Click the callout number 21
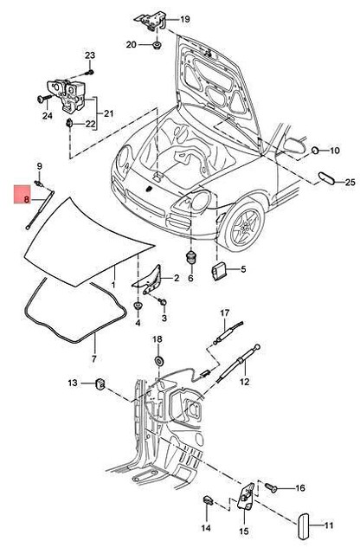click(109, 113)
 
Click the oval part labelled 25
click(326, 178)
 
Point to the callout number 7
click(94, 358)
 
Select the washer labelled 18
click(159, 359)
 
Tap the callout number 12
click(244, 382)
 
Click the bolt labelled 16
click(272, 488)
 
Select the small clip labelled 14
click(209, 499)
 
